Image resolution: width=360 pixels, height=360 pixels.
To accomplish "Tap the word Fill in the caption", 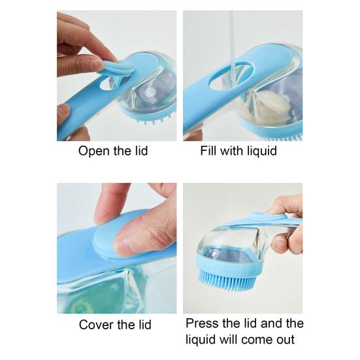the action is pyautogui.click(x=208, y=151).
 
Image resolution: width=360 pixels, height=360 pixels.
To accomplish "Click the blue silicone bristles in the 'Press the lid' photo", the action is pyautogui.click(x=227, y=280).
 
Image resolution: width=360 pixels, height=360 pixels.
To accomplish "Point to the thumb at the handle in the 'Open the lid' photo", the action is pyautogui.click(x=63, y=113).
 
